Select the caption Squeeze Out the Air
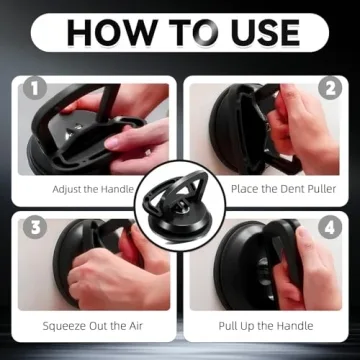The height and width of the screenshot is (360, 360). [x=91, y=325]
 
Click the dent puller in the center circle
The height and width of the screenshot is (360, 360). [x=180, y=215]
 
